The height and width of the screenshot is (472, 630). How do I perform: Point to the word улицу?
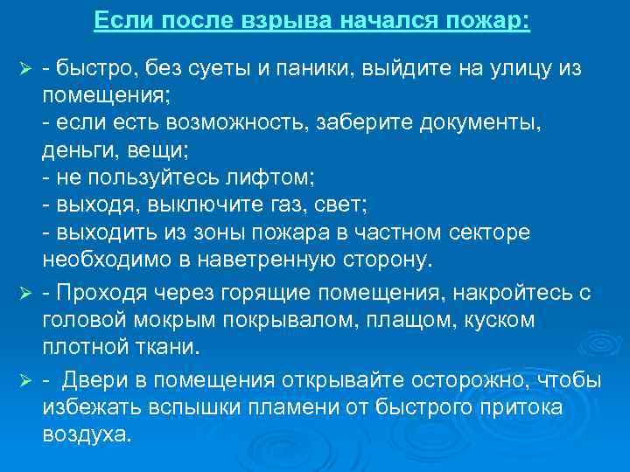508,68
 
